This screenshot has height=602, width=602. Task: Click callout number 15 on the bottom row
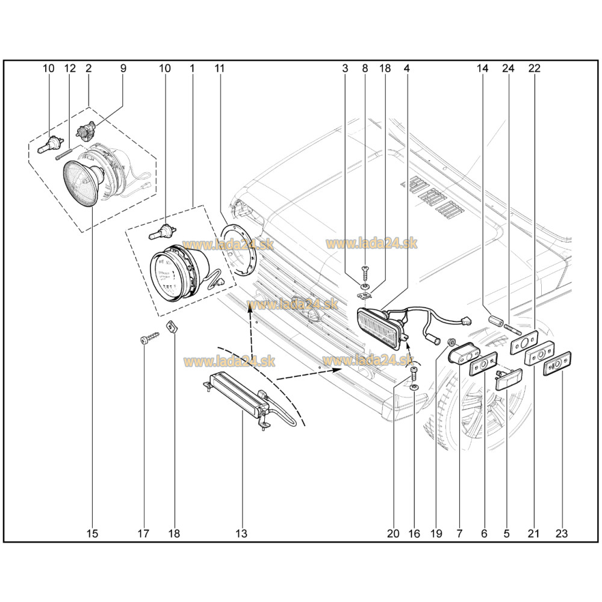92,533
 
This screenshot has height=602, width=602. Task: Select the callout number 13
241,533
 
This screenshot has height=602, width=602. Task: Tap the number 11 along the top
219,68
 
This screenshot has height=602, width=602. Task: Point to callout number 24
508,68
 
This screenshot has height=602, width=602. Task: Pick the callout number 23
562,533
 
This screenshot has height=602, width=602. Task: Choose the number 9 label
123,68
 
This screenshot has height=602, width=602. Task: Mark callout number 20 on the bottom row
393,533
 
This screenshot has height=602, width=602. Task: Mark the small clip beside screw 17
172,329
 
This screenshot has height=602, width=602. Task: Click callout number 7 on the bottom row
459,533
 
